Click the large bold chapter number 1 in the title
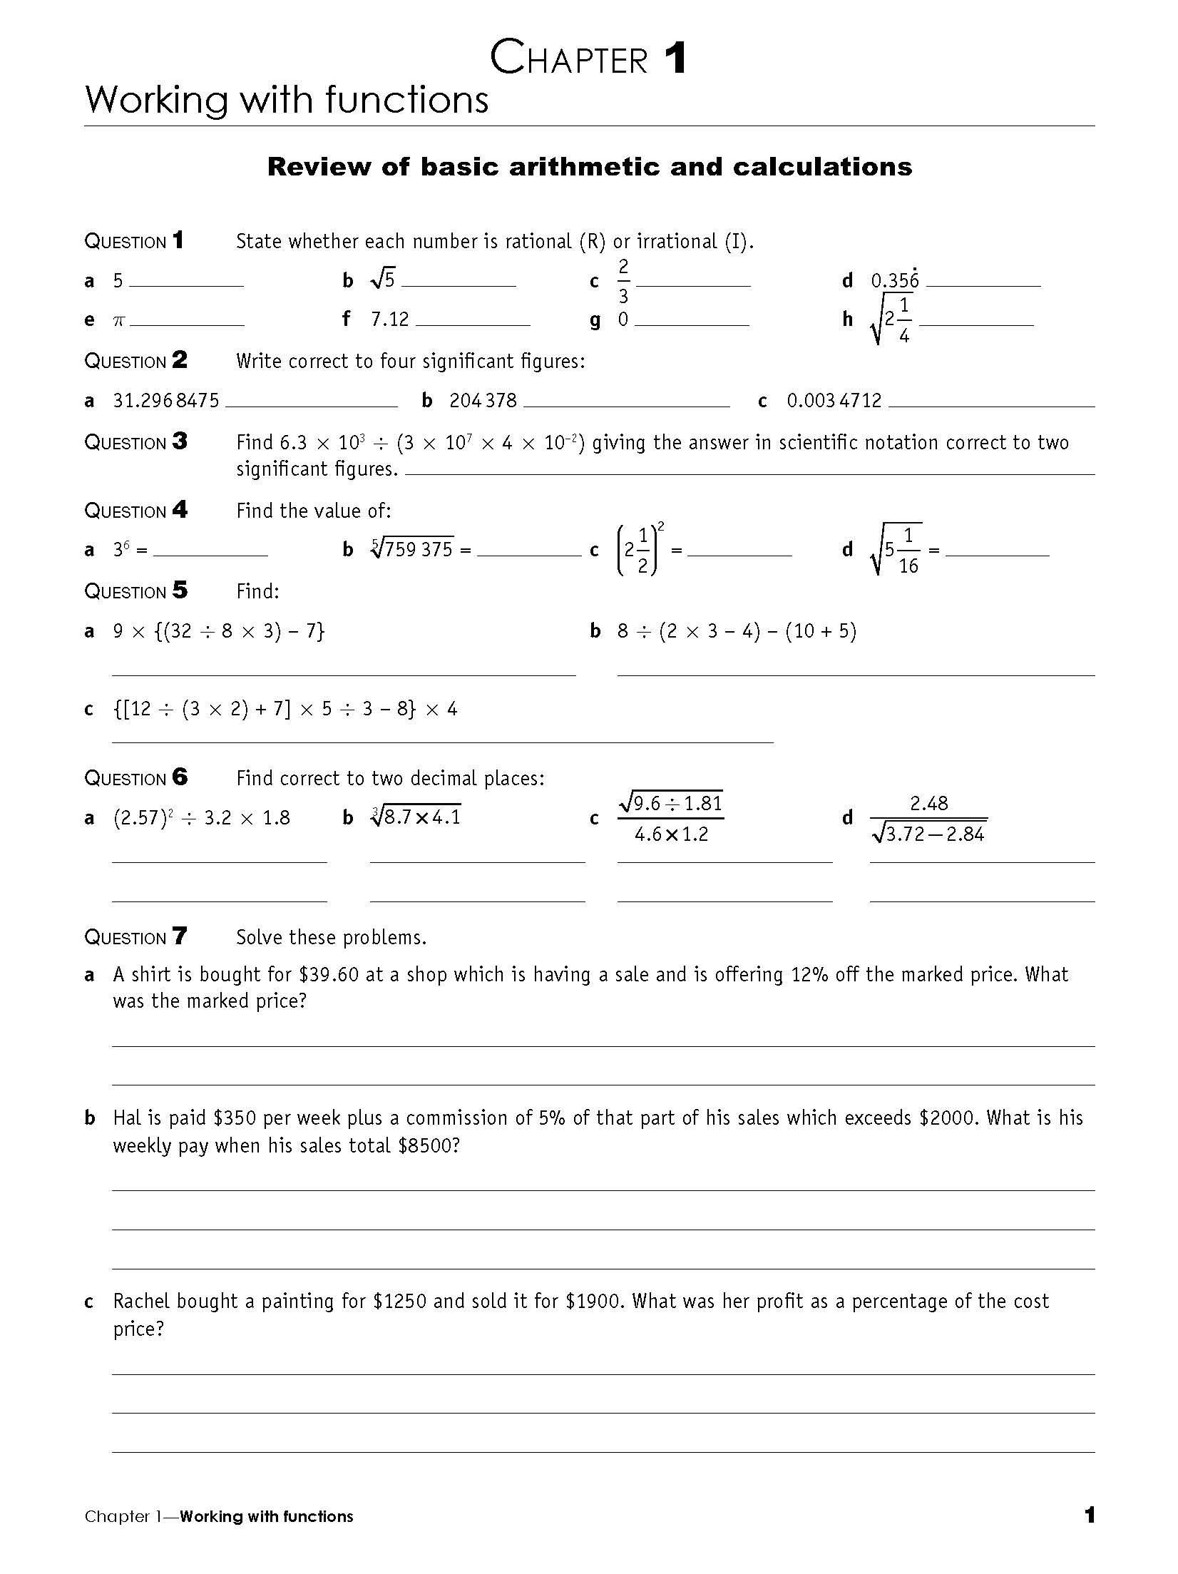pyautogui.click(x=675, y=58)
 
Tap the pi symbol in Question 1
pyautogui.click(x=119, y=321)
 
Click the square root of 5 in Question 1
pyautogui.click(x=383, y=280)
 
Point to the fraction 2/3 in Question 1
pyautogui.click(x=623, y=281)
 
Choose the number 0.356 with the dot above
pyautogui.click(x=895, y=280)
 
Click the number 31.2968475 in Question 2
pyautogui.click(x=166, y=401)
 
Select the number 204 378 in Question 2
pyautogui.click(x=483, y=401)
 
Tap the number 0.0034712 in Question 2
pyautogui.click(x=834, y=401)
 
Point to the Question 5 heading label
pyautogui.click(x=135, y=591)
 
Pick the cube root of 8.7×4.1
pyautogui.click(x=416, y=816)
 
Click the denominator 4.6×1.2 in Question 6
pyautogui.click(x=671, y=834)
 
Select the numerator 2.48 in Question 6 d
pyautogui.click(x=928, y=804)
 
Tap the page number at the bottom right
pyautogui.click(x=1089, y=1516)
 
